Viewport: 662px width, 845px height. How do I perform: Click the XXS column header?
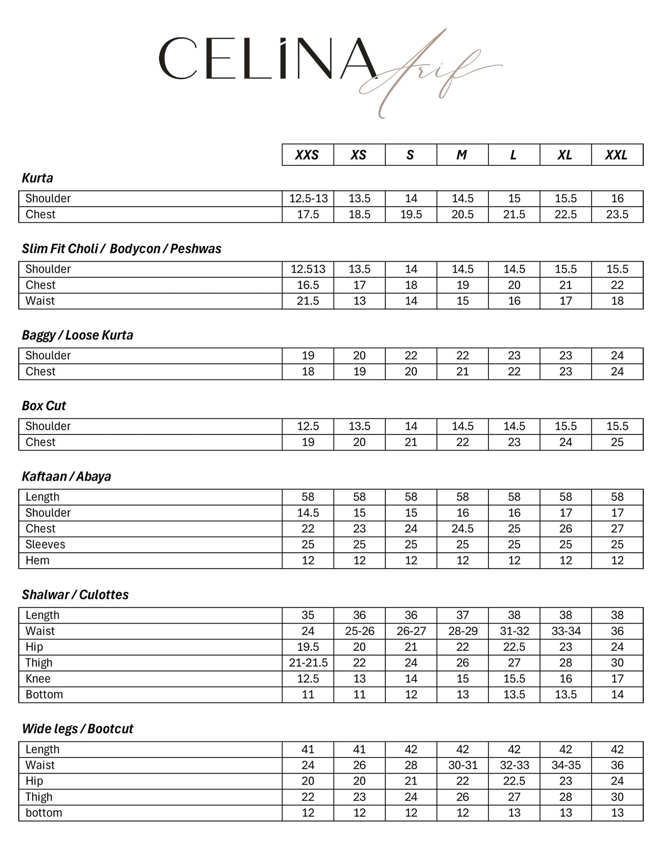pos(307,155)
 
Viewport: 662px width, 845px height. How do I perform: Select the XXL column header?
pos(617,155)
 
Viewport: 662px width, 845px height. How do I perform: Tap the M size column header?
pos(462,155)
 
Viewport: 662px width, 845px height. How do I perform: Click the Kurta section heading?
pos(38,178)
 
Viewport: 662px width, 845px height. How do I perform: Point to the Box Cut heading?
pos(44,406)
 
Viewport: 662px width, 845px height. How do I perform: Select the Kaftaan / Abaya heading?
pos(66,477)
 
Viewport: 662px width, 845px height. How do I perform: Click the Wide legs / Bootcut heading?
pos(77,729)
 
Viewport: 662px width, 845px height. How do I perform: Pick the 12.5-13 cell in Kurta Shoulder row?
pos(308,198)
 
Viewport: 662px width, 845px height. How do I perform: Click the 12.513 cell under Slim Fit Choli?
pos(308,269)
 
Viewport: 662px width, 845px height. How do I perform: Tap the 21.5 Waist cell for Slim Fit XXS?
pos(308,301)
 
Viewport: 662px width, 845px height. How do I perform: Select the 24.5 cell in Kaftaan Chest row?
pos(462,529)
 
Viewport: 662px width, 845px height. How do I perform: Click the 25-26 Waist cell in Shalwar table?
pos(360,631)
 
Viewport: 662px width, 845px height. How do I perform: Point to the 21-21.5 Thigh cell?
pos(308,663)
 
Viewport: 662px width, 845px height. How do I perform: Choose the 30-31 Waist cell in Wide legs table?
pos(463,765)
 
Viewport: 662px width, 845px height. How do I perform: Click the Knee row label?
pos(38,679)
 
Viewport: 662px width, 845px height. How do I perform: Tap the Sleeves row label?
pos(45,544)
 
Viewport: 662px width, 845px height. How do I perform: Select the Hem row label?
pos(38,560)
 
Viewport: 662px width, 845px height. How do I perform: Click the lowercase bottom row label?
pos(44,812)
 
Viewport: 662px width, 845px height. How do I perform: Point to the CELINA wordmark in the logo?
pos(268,59)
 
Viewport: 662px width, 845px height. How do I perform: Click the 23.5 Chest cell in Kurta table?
pos(617,214)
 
